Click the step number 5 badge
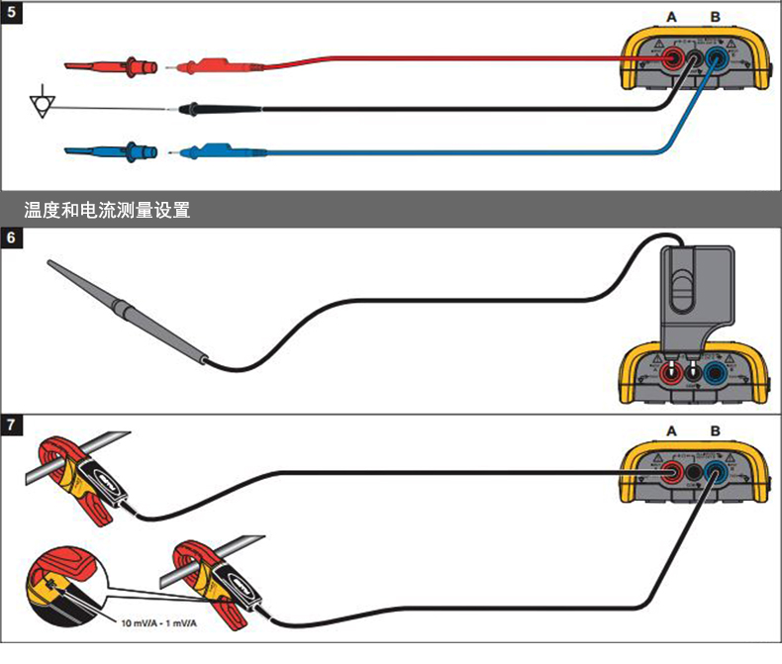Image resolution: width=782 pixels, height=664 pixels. [12, 13]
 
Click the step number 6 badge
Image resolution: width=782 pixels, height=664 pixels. [12, 238]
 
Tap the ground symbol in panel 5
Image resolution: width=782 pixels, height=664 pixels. [41, 103]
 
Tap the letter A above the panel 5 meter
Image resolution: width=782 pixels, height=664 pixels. [672, 17]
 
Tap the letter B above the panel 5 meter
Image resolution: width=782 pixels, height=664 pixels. [717, 17]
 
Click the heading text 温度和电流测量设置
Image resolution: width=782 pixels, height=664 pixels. [106, 210]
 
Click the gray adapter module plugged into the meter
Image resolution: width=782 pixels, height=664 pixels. [693, 297]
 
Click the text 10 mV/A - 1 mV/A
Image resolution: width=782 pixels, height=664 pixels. [158, 623]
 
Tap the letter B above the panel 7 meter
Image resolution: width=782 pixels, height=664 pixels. [716, 431]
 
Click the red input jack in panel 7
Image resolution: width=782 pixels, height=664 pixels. [672, 473]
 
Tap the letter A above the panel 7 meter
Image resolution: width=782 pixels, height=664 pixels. [672, 431]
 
